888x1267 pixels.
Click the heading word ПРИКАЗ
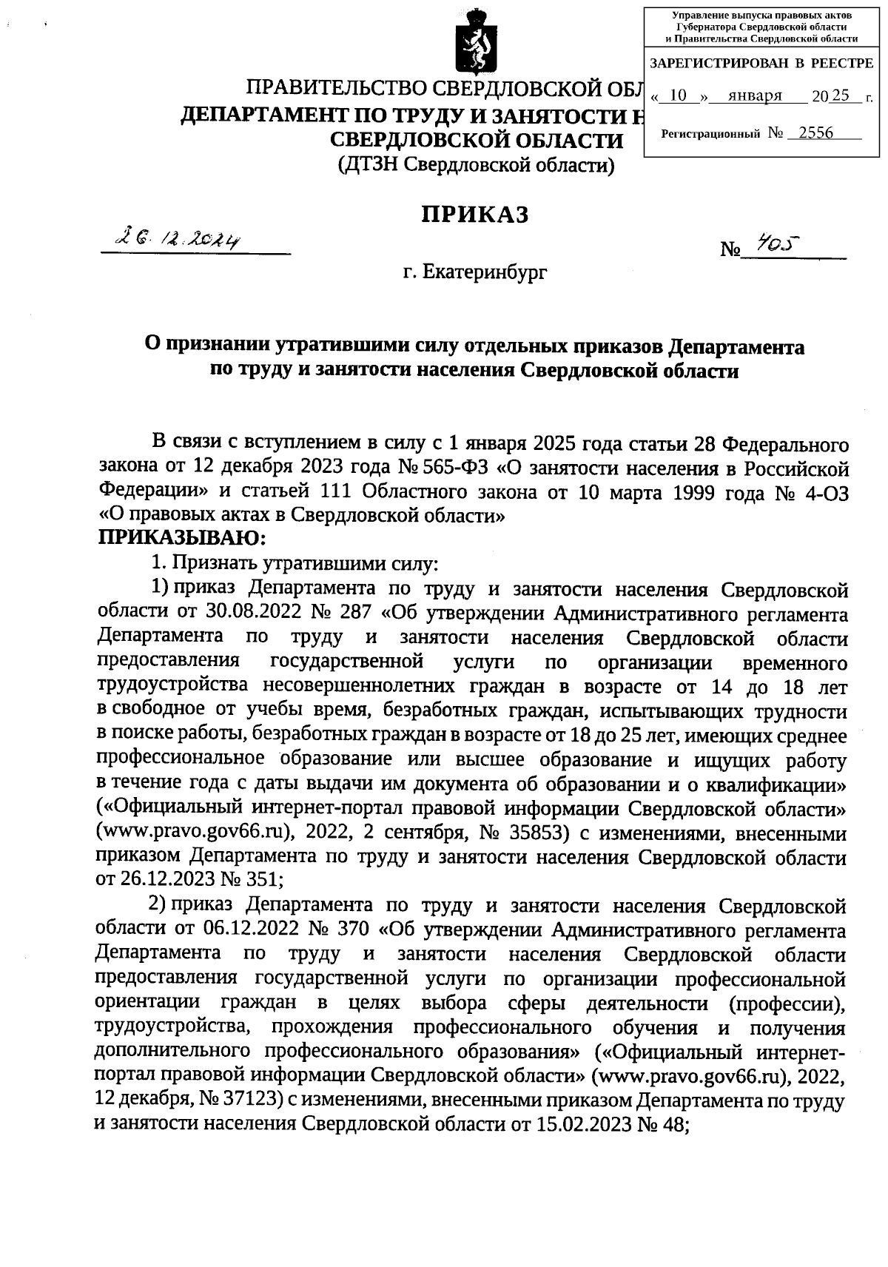[474, 215]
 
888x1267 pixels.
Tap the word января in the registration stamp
[754, 96]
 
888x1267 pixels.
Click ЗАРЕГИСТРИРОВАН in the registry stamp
[717, 64]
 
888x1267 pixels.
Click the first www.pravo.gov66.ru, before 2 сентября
[195, 834]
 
